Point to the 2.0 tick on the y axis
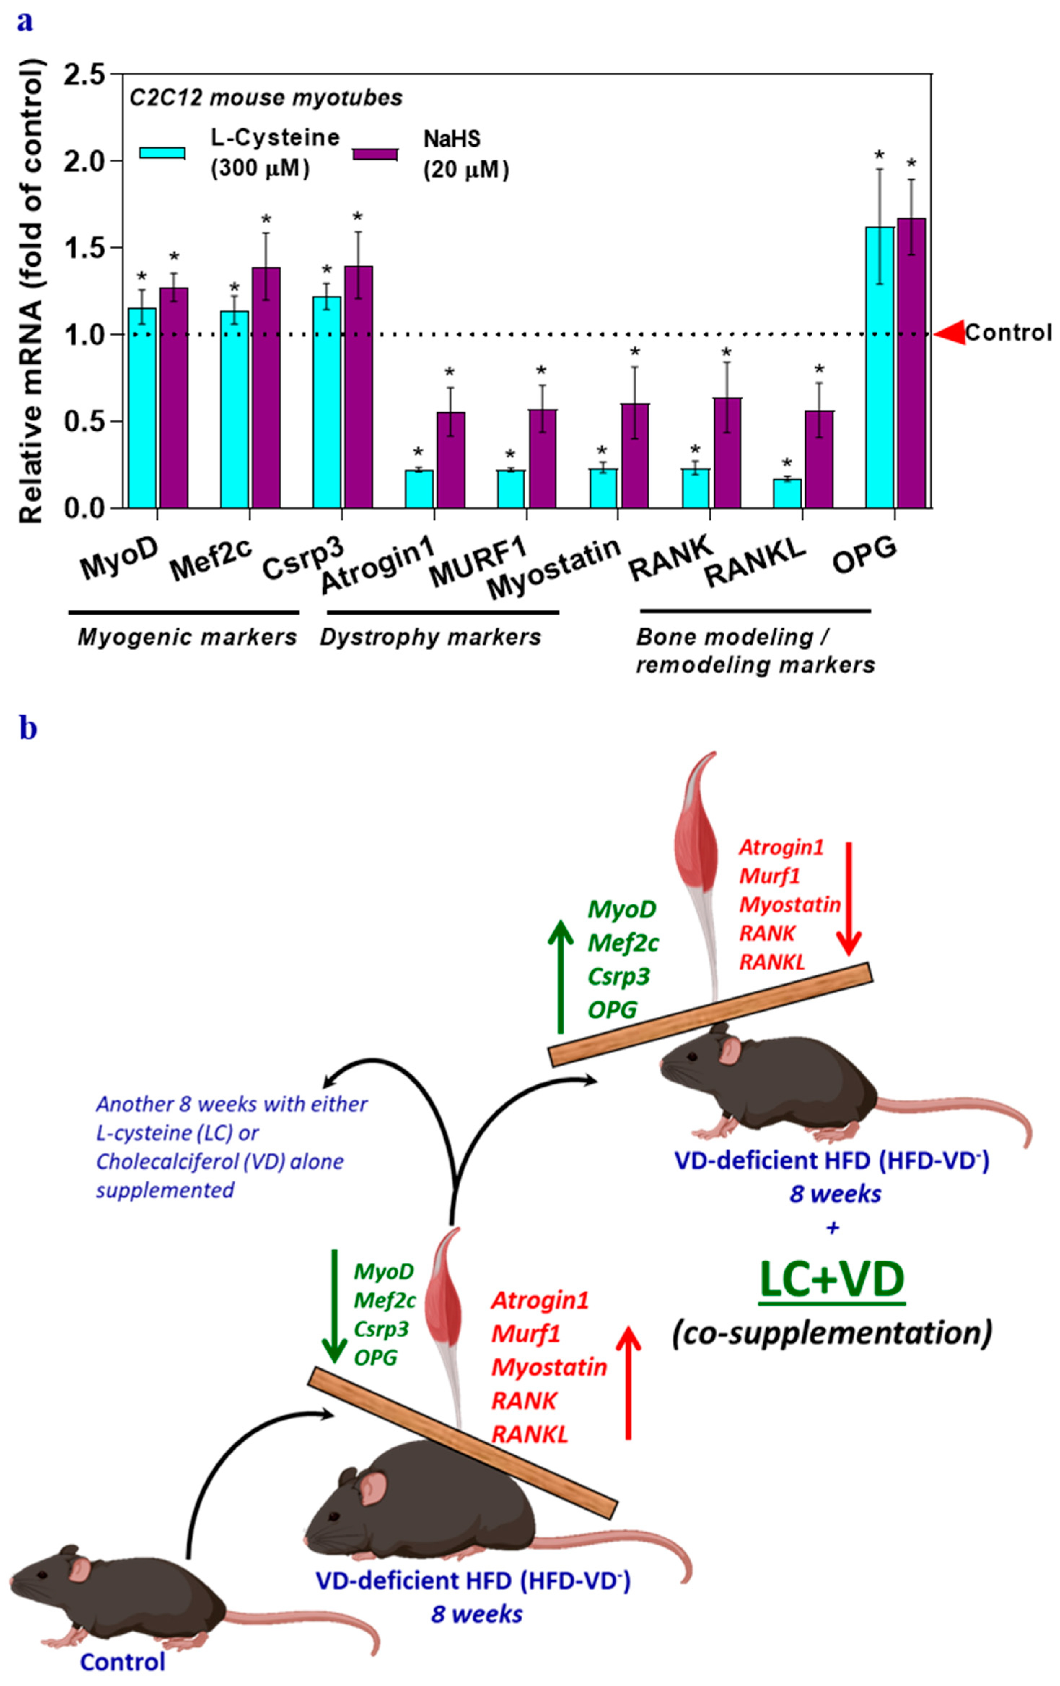[88, 160]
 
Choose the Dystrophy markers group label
[430, 637]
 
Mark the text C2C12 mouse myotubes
[266, 97]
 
